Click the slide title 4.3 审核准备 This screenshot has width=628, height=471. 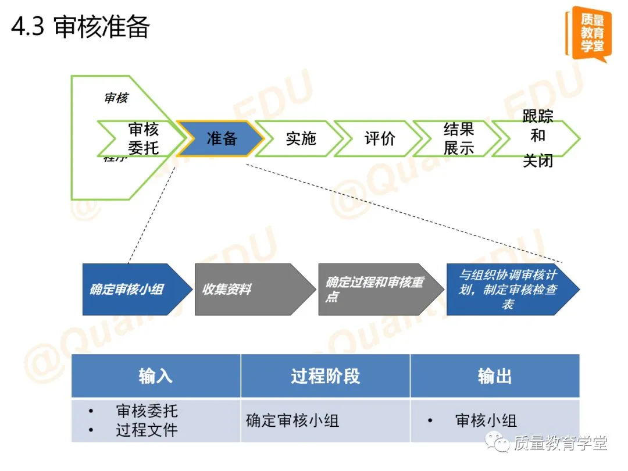(81, 27)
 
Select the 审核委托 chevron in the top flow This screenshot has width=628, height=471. (143, 138)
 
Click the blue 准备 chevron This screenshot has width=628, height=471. (221, 138)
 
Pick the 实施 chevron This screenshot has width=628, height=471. (300, 138)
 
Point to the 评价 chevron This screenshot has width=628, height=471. (379, 138)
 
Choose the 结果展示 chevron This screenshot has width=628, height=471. (458, 138)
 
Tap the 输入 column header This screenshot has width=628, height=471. (156, 376)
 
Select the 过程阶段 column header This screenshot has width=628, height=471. (326, 376)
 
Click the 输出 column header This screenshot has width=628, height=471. (495, 376)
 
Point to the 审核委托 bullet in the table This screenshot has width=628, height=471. (147, 411)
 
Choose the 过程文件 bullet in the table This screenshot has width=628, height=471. (147, 430)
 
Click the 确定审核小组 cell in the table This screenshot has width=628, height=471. (292, 420)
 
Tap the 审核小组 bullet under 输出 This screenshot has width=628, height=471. (486, 420)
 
